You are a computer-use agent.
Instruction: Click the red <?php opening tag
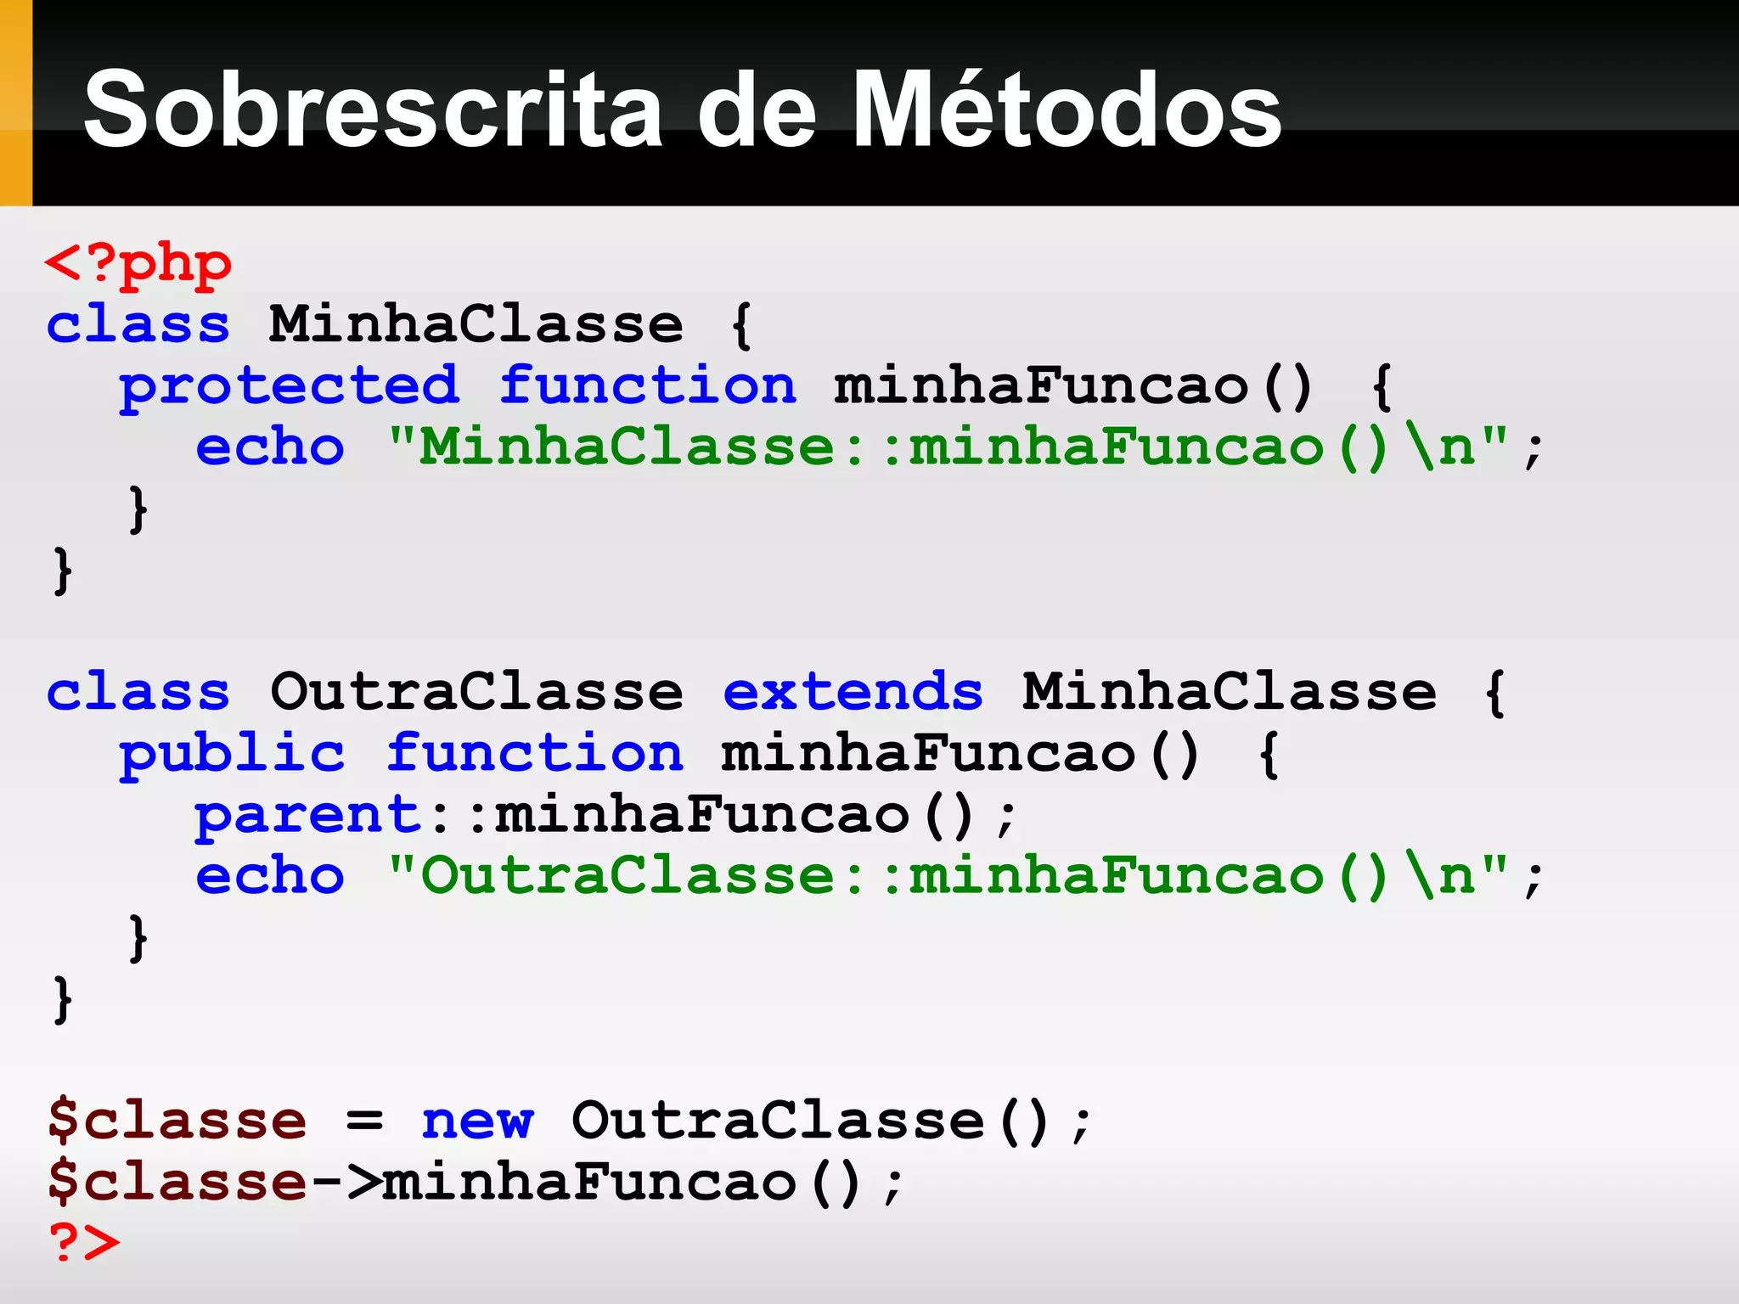click(x=138, y=265)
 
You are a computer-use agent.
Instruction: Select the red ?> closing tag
click(x=84, y=1242)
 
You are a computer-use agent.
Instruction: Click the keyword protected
click(x=289, y=387)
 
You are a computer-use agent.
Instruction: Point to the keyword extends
click(x=853, y=692)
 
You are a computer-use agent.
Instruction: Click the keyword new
click(x=477, y=1121)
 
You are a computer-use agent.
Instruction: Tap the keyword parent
click(x=307, y=816)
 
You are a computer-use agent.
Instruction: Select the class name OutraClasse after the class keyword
click(x=476, y=692)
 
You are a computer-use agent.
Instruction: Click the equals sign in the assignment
click(x=364, y=1121)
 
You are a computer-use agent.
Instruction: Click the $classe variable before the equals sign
click(x=177, y=1121)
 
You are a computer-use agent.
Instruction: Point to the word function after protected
click(x=647, y=387)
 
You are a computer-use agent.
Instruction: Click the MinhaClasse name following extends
click(x=1229, y=692)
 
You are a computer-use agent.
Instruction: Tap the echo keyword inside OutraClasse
click(x=270, y=876)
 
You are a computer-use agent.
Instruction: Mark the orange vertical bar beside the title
click(x=15, y=103)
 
